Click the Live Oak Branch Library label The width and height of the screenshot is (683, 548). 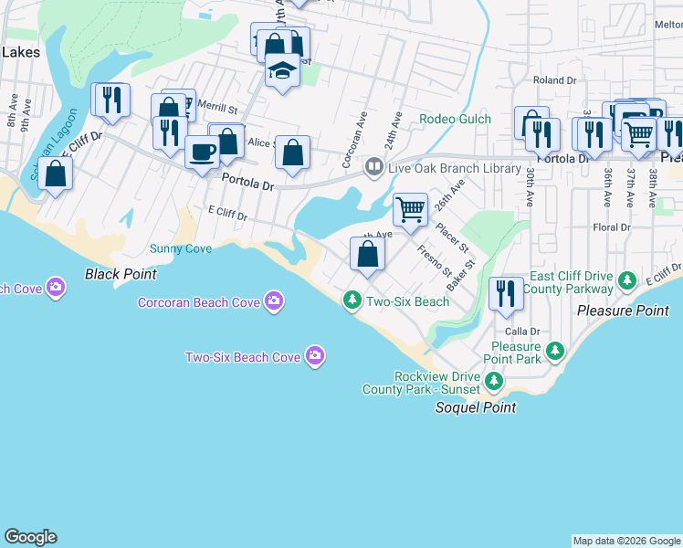click(x=442, y=167)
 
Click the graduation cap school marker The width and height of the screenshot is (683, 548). click(x=283, y=70)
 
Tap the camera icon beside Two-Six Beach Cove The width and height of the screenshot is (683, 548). click(x=315, y=355)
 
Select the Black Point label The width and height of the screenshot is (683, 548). click(x=121, y=274)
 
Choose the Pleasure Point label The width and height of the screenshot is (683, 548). click(x=623, y=311)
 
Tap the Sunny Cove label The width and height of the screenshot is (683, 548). click(x=181, y=248)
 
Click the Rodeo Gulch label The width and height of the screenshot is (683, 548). click(x=455, y=119)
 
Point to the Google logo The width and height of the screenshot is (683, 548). click(x=30, y=537)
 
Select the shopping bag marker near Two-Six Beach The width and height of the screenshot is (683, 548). click(x=367, y=253)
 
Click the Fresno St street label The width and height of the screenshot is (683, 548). click(x=434, y=261)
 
